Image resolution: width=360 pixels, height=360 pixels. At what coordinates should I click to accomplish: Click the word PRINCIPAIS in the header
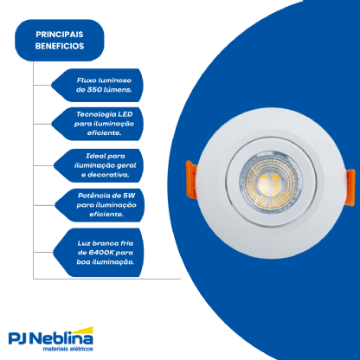click(60, 35)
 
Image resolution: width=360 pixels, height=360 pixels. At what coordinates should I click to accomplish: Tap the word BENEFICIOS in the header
click(60, 46)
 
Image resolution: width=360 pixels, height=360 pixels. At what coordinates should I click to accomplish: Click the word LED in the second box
click(125, 114)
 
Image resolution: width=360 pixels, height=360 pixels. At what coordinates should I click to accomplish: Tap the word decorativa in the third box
click(108, 175)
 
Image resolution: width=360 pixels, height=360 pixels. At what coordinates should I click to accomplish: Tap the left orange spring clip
click(191, 179)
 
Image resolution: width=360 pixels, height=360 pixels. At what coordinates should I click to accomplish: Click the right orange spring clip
click(350, 187)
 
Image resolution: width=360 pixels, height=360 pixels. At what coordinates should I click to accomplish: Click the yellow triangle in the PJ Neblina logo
click(85, 331)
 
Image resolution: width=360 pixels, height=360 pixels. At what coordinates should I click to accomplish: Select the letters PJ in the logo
click(18, 338)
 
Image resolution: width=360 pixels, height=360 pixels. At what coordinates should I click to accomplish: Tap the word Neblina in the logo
click(61, 338)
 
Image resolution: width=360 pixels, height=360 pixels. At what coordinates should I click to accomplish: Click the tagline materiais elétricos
click(67, 349)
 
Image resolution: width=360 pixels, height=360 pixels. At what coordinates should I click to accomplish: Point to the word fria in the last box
click(126, 243)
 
